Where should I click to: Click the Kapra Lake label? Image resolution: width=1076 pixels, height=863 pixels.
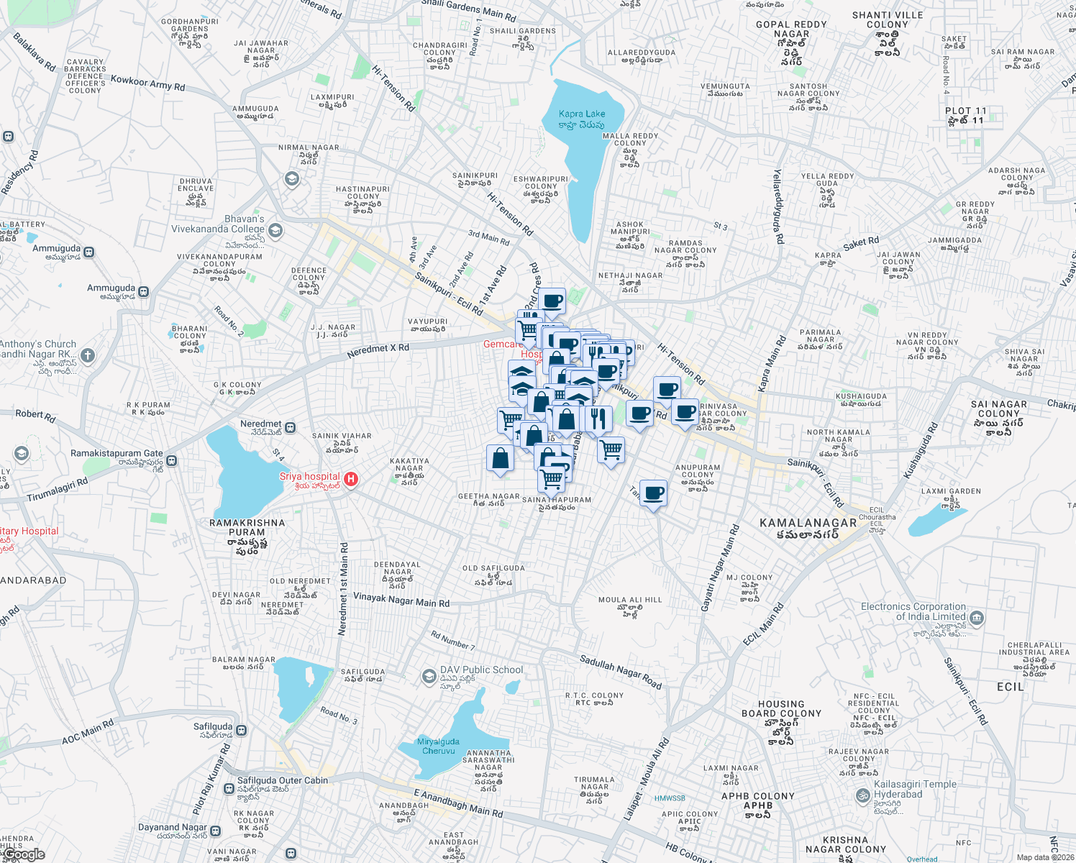[x=582, y=114]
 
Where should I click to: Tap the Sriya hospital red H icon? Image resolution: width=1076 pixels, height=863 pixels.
[x=351, y=479]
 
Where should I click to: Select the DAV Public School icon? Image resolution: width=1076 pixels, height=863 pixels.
[x=429, y=675]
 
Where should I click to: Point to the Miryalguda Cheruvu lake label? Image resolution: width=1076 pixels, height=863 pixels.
[x=438, y=746]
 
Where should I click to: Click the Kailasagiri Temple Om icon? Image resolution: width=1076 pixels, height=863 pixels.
[x=862, y=795]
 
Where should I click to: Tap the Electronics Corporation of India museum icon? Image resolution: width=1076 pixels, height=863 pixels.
[x=977, y=618]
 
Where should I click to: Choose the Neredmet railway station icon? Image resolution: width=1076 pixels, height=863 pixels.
[x=291, y=428]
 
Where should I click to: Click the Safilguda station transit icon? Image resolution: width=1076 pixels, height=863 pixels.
[x=242, y=730]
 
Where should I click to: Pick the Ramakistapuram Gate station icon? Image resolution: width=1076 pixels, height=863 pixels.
[x=172, y=460]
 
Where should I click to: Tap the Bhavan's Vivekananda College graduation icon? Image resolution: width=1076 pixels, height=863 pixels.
[x=275, y=231]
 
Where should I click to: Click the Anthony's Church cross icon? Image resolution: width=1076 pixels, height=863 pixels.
[x=87, y=355]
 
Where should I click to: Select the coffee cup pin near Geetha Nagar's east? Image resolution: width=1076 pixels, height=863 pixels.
[x=653, y=494]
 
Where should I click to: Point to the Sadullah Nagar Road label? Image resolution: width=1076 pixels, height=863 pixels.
[x=620, y=672]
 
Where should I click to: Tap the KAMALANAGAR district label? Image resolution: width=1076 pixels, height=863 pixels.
[x=808, y=523]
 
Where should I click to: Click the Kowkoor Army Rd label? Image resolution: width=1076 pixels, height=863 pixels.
[x=147, y=83]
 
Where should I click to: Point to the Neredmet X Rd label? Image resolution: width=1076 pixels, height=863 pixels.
[x=378, y=351]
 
